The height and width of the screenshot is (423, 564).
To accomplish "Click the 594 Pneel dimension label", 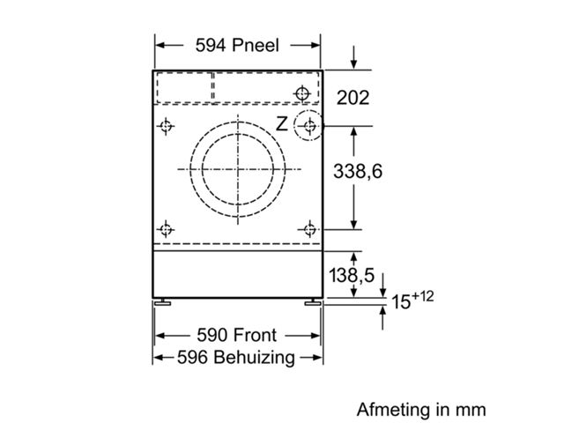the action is (237, 45).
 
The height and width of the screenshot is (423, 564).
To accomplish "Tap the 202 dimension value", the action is (352, 98).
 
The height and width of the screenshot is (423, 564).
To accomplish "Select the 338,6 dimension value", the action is (358, 171).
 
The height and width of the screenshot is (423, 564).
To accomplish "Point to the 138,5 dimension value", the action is (352, 275).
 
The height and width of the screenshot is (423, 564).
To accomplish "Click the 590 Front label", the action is (237, 335).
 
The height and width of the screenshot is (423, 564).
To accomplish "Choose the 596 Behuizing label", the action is (236, 358).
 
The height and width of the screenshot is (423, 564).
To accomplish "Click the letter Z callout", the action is (282, 123).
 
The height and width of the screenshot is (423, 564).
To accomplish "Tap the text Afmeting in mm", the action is (421, 409).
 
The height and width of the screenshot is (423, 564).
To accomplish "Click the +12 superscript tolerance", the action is (422, 297).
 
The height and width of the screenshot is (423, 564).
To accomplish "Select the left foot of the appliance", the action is (162, 302).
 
